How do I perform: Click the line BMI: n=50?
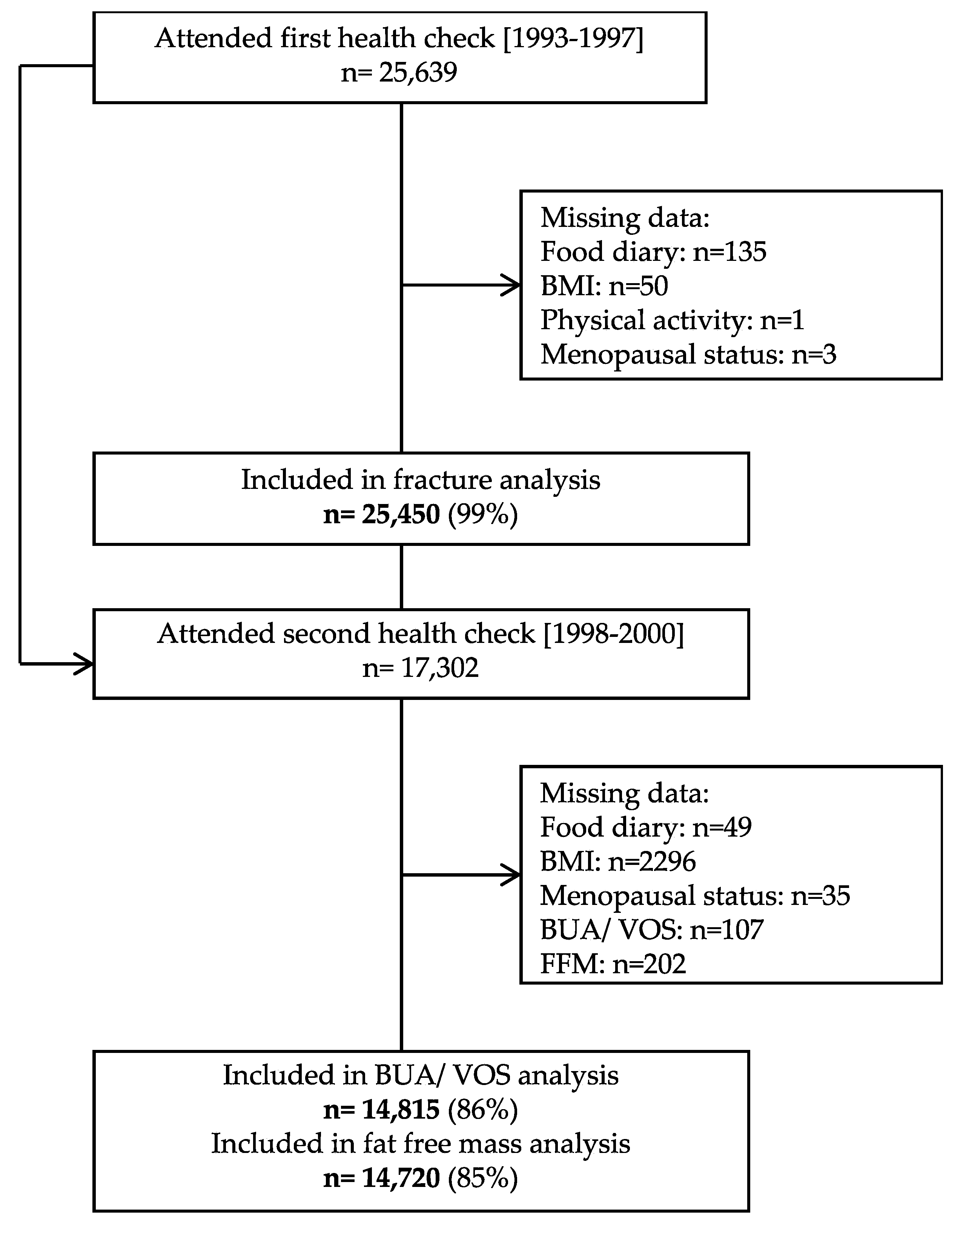604,285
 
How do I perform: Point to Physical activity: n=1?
672,320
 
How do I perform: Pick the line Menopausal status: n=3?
688,354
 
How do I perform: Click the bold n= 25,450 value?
381,514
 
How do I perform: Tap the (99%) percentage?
483,514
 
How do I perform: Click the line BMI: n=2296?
618,861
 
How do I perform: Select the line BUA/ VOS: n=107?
651,929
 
